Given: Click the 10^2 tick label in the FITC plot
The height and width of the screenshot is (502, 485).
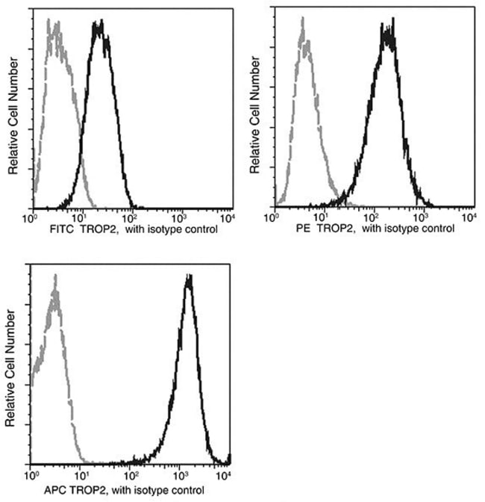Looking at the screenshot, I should pyautogui.click(x=129, y=216).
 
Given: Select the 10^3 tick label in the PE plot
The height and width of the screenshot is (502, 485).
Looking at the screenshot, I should pyautogui.click(x=420, y=216).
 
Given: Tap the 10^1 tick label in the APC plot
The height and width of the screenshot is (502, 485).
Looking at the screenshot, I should pyautogui.click(x=81, y=473).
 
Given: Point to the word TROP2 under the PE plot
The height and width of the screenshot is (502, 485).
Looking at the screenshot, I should pyautogui.click(x=337, y=229).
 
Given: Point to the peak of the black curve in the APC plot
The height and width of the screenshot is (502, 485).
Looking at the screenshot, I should pyautogui.click(x=189, y=276).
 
